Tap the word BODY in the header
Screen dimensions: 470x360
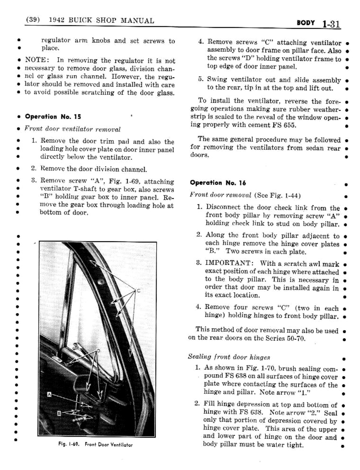305,23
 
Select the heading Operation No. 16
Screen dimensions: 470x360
218,183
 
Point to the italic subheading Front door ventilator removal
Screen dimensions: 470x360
72,129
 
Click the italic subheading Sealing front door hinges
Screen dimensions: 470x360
229,357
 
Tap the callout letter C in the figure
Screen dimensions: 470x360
139,290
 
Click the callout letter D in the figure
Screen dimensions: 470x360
98,351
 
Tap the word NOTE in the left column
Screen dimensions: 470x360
37,60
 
